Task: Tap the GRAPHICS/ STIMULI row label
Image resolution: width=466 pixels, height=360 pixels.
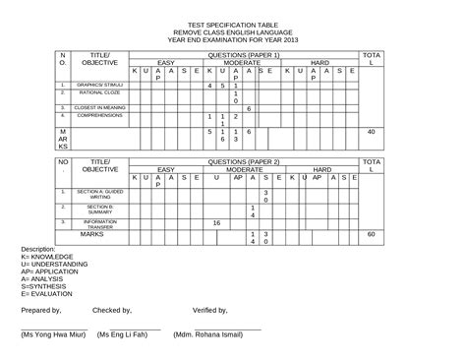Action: [98, 86]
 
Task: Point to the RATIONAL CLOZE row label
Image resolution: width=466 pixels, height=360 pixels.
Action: [98, 94]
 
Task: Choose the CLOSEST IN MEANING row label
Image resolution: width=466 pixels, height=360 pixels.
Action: [98, 107]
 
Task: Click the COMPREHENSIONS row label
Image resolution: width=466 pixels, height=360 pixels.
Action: [98, 116]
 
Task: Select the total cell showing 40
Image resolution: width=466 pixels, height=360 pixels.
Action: [371, 131]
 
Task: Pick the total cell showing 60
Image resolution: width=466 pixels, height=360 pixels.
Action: [371, 234]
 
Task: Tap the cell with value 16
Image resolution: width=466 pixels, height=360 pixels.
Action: [216, 223]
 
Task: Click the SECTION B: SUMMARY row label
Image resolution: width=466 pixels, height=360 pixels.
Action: [98, 209]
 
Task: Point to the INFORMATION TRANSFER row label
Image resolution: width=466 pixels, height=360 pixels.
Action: [98, 223]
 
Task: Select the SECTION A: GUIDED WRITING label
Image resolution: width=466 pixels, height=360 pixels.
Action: [98, 192]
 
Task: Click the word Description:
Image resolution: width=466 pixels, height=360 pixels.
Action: [38, 249]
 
